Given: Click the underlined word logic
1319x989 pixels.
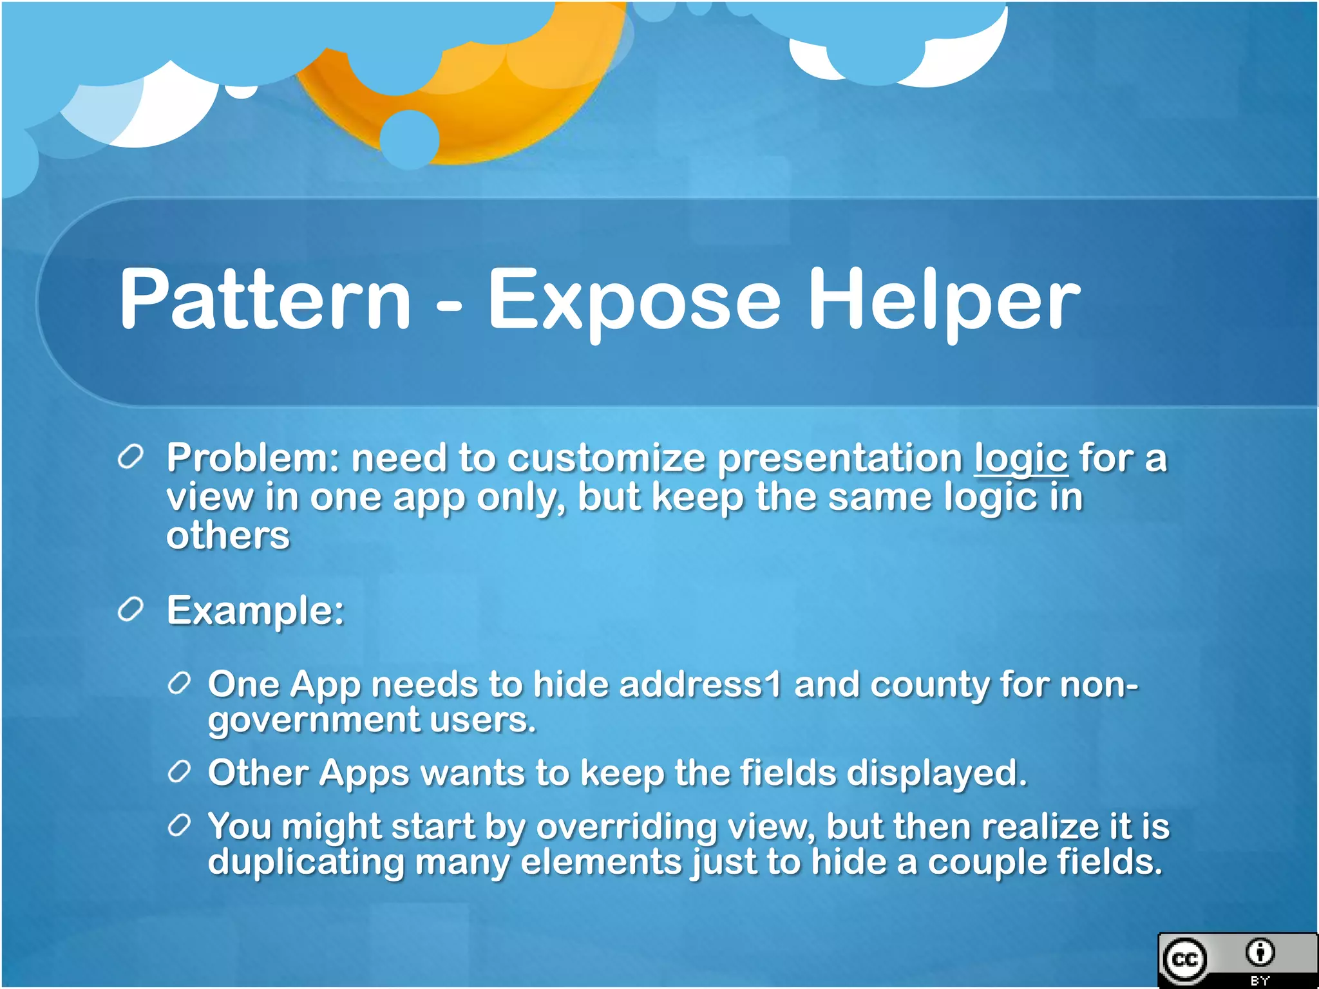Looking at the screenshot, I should (x=1021, y=459).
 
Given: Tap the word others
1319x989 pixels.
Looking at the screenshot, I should (x=228, y=536).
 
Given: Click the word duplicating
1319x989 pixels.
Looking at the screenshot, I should (x=306, y=863).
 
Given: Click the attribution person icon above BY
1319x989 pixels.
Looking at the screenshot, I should (x=1260, y=952).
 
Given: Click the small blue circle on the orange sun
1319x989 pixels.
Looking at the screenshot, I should (x=410, y=139).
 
